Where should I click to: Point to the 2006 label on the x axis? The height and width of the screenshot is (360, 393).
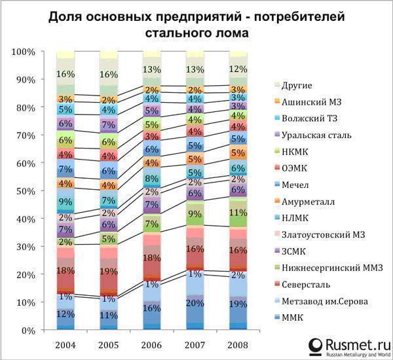(x=151, y=344)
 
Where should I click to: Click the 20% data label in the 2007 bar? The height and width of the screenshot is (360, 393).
(x=194, y=302)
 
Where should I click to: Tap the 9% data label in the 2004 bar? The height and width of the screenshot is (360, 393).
(x=65, y=202)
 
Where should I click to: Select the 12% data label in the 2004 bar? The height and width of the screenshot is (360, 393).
(x=65, y=314)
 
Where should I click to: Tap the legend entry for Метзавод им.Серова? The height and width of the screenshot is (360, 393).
(x=326, y=300)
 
